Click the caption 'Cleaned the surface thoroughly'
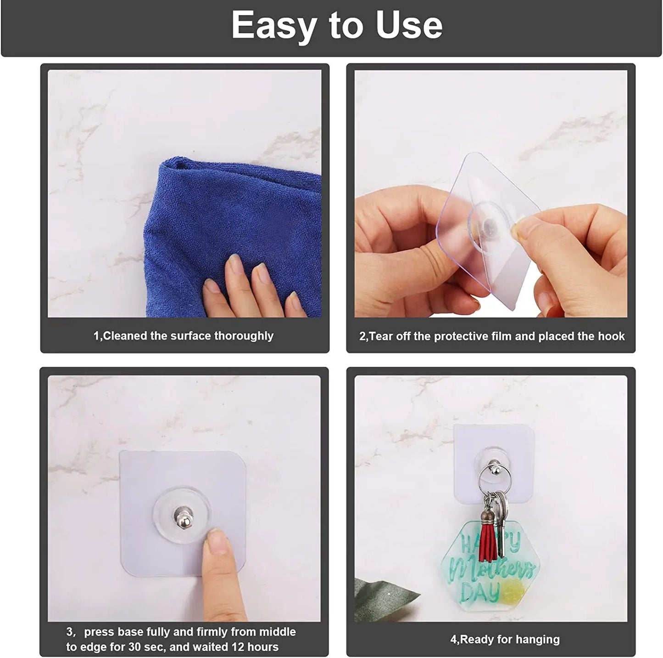pos(184,336)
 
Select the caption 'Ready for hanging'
pos(505,639)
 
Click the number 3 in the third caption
pos(69,632)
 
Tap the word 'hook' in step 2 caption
pos(612,336)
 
